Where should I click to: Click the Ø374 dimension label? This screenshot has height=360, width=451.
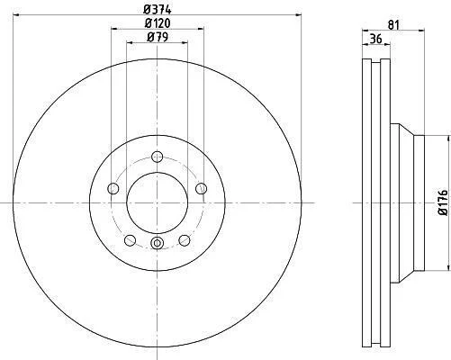pos(158,9)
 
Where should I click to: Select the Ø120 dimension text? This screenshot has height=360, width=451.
pos(158,23)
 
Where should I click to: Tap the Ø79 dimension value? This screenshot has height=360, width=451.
pos(158,37)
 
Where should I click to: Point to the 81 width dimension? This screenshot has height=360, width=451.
pos(393,25)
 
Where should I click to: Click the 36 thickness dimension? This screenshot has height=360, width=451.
pos(375,39)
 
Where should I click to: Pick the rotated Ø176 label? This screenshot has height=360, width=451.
pos(443,202)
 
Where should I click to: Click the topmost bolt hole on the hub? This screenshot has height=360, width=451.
pos(157,157)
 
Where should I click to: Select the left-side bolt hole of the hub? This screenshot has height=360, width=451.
pos(113,188)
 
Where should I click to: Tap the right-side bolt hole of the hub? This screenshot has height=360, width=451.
pos(201,188)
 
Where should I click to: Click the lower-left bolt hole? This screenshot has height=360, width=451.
pos(130,240)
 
